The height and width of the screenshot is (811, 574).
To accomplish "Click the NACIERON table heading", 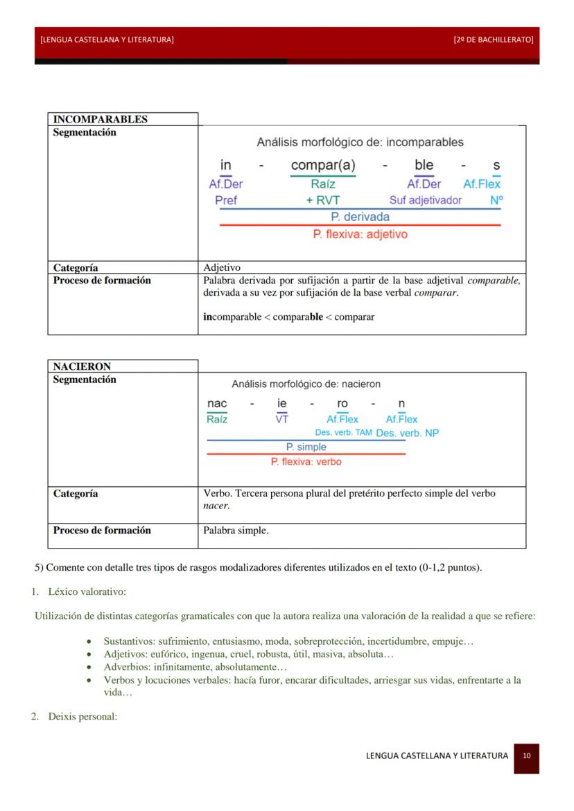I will [x=82, y=366].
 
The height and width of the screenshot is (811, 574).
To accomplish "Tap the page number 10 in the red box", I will [x=527, y=756].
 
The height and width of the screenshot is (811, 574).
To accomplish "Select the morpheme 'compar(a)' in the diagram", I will [x=323, y=166].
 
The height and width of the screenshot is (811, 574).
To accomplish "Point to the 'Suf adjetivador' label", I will [x=425, y=200].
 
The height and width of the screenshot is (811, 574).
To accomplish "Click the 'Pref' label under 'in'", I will [x=226, y=200].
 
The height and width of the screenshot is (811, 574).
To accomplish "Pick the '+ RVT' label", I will [x=323, y=200].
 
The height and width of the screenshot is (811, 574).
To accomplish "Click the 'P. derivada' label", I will [x=360, y=217].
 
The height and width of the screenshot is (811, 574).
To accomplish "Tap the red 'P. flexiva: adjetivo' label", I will [x=360, y=234].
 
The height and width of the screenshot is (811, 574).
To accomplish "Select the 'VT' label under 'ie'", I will [x=281, y=419].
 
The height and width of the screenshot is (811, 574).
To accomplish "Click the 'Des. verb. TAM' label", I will [x=343, y=433].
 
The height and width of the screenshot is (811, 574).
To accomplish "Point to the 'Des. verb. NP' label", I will [x=407, y=433].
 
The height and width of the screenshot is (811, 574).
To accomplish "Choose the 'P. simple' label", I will [x=306, y=447].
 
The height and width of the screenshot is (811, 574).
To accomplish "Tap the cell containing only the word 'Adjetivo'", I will [x=222, y=267].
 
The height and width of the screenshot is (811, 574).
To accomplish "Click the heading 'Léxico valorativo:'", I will [x=87, y=591].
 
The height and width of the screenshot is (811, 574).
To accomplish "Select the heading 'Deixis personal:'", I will [x=82, y=716].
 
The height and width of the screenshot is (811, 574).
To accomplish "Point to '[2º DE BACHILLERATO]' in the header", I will [x=493, y=39].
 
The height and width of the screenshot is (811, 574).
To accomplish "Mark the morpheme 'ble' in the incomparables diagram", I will [x=424, y=166].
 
